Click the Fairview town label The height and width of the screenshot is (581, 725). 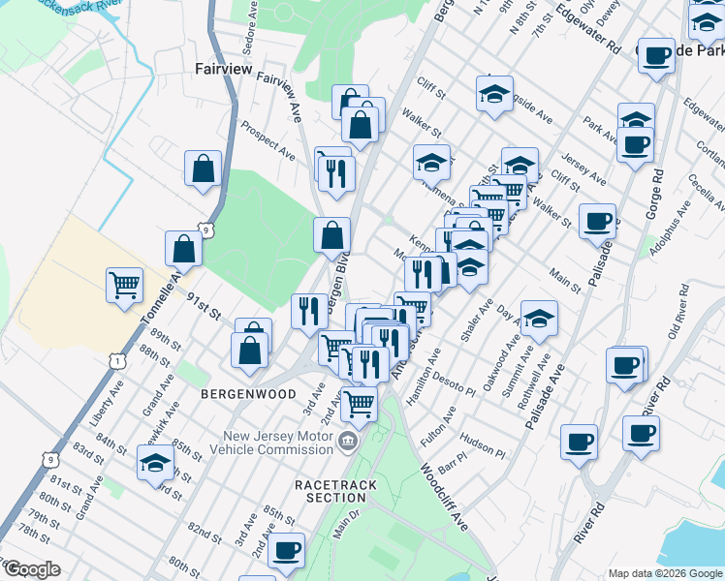click(x=224, y=69)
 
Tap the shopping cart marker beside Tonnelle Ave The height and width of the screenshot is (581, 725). click(x=124, y=285)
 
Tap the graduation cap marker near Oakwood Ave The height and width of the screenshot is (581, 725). click(x=539, y=317)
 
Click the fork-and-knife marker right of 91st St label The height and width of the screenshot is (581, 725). click(x=309, y=310)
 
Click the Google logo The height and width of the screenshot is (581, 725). click(x=31, y=569)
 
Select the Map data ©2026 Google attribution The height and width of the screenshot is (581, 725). click(x=664, y=573)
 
